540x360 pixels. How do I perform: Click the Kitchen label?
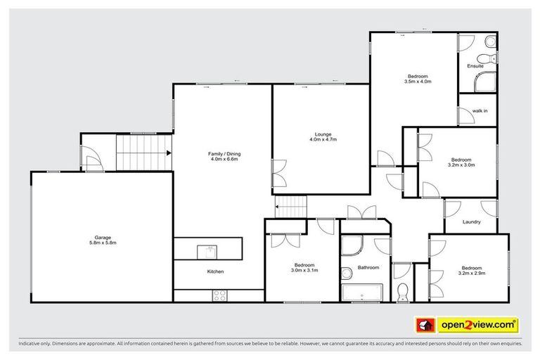pos(215,271)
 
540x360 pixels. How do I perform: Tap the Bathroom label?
pos(368,267)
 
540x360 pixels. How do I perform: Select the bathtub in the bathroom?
pos(363,292)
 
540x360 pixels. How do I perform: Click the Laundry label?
pos(471,223)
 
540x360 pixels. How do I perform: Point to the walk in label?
pos(480,111)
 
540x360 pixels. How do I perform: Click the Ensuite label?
pos(476,67)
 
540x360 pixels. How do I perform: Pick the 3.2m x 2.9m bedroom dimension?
pos(472,273)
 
